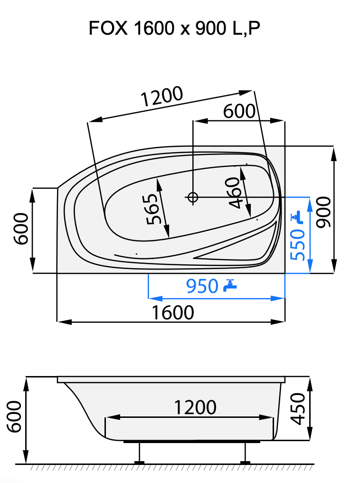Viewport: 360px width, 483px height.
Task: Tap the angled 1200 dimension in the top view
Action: point(162,97)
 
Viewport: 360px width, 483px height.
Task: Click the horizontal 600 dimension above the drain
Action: point(239,112)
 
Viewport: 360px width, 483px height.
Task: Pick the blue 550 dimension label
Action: point(298,244)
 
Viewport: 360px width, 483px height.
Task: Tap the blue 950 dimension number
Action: point(201,286)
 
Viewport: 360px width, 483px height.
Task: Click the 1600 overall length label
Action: point(173,312)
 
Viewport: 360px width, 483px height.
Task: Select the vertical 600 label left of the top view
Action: point(21,229)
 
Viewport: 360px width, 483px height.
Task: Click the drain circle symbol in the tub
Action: point(193,197)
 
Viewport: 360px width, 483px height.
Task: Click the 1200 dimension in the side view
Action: point(195,407)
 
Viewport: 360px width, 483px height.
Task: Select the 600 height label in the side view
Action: point(14,416)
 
